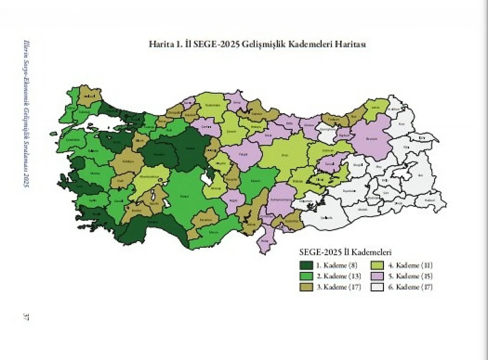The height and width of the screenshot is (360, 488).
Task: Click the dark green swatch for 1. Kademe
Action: tap(306, 266)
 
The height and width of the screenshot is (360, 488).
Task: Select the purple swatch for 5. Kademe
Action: tap(377, 276)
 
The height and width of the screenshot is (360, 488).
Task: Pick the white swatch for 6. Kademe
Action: tap(377, 287)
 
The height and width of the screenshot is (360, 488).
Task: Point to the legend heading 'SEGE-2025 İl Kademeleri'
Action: tap(346, 252)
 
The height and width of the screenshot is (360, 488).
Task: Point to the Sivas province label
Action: tap(284, 155)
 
